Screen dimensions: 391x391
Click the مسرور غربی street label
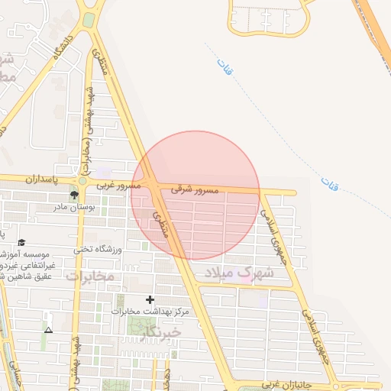(x=118, y=186)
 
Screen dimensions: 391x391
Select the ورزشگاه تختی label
(x=98, y=248)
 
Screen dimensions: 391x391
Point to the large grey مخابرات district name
(x=89, y=275)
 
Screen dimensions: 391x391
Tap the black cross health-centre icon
(x=150, y=299)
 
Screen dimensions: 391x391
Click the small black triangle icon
(x=49, y=330)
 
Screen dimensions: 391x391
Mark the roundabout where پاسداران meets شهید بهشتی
(x=82, y=182)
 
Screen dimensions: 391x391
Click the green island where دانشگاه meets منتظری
(x=89, y=19)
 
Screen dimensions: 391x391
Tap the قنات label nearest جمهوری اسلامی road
(x=330, y=183)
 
